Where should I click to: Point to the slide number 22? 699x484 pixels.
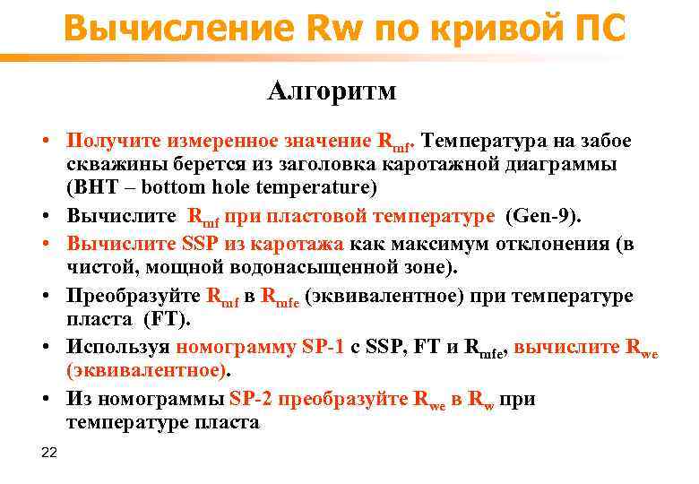tap(49, 453)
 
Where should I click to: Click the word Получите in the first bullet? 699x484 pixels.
tap(107, 141)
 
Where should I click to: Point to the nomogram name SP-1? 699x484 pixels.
tap(321, 348)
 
